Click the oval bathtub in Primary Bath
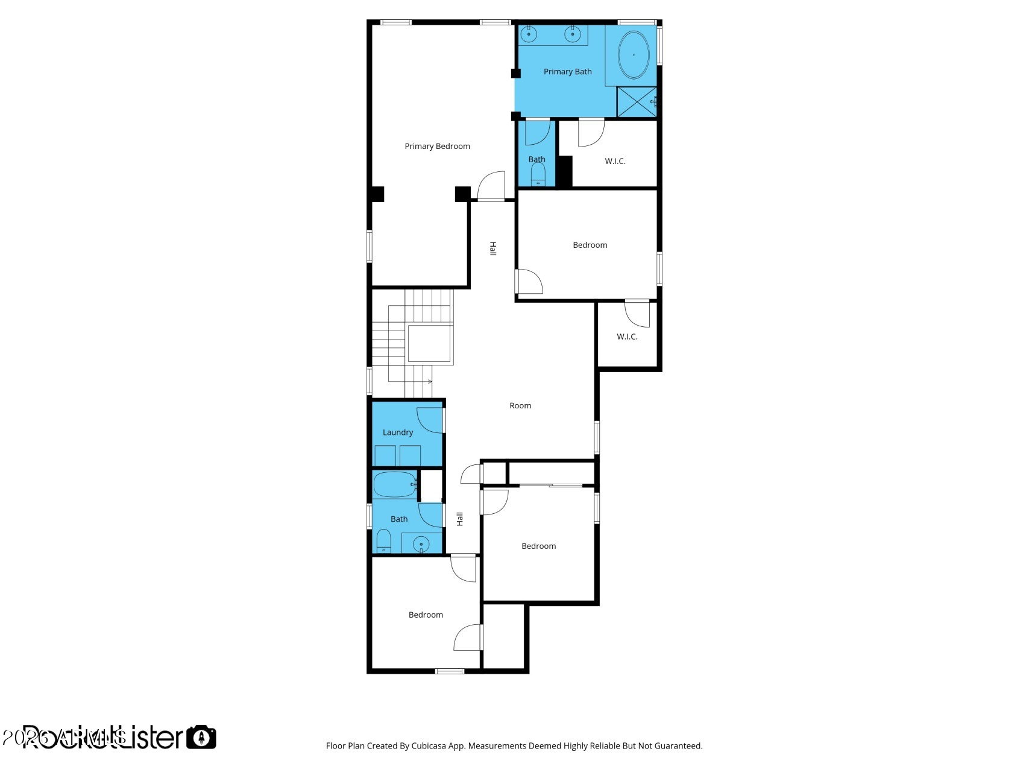click(633, 55)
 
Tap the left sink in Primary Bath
click(529, 34)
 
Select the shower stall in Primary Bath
click(637, 102)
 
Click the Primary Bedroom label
click(437, 147)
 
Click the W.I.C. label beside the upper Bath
click(615, 161)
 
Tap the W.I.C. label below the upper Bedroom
click(627, 337)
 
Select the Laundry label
click(398, 432)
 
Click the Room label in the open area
click(520, 406)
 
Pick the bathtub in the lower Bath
click(394, 484)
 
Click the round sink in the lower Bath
click(421, 543)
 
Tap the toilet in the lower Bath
click(383, 540)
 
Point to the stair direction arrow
click(429, 381)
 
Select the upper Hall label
click(492, 248)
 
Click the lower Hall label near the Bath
click(460, 519)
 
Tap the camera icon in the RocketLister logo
click(201, 737)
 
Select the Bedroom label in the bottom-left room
click(426, 615)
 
